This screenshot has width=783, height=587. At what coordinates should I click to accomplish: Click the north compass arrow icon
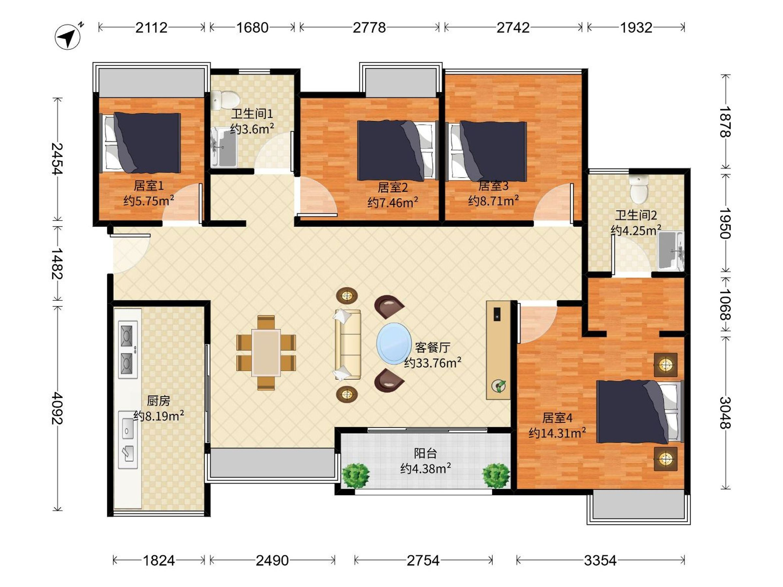click(68, 36)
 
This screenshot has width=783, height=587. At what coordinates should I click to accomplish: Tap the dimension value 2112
click(151, 28)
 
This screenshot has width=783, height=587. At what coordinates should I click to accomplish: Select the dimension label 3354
click(600, 561)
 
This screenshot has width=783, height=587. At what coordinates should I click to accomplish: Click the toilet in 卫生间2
click(639, 190)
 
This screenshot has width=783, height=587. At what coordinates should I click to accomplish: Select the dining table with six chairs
click(266, 353)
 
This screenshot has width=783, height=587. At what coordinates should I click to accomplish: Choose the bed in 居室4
click(639, 412)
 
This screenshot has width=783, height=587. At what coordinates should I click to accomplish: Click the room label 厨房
click(159, 401)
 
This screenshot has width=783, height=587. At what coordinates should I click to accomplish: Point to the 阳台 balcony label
click(425, 453)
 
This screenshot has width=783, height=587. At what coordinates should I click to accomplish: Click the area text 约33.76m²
click(433, 363)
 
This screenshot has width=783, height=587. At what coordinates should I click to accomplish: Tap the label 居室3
click(493, 186)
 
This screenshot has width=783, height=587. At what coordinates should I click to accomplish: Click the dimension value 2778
click(369, 28)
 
